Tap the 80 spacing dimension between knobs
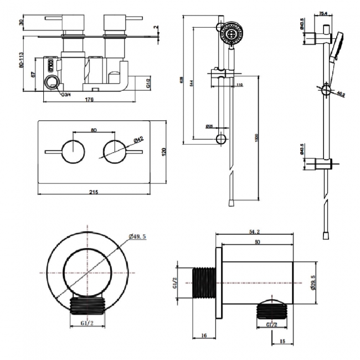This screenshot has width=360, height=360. pos(93,131)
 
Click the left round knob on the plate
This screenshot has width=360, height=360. pos(72,151)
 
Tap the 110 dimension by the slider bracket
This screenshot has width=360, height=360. pos(240,84)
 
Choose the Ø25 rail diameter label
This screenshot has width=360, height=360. pos(209,127)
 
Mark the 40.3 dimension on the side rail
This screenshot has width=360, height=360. pos(341,95)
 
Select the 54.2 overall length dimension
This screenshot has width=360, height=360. pos(255,233)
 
